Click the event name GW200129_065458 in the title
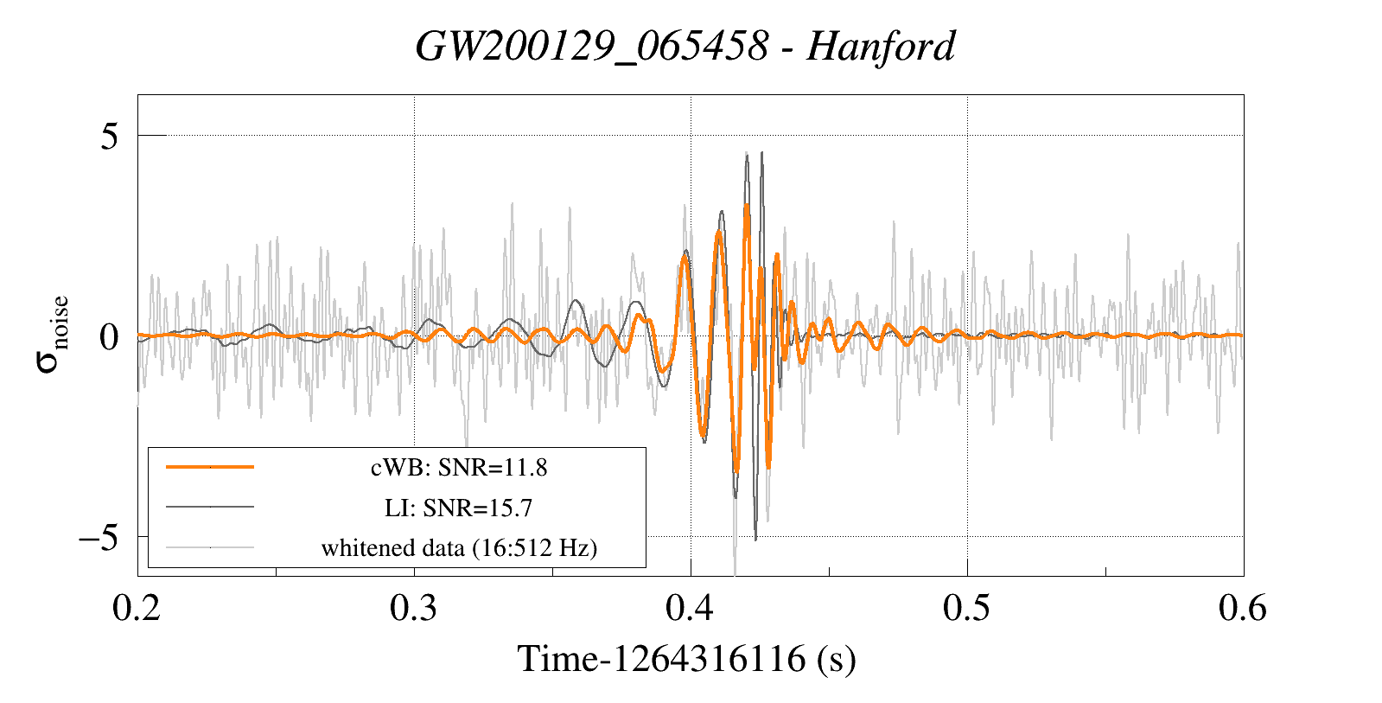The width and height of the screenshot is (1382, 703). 591,46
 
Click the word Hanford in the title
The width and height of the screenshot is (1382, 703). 881,46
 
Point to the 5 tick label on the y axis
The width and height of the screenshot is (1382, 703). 109,136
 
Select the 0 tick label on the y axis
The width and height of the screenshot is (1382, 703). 109,336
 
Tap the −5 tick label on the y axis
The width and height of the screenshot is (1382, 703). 98,537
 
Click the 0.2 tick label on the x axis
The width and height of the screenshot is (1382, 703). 137,609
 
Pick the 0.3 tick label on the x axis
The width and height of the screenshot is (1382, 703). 414,609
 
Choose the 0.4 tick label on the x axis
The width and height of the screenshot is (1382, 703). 691,609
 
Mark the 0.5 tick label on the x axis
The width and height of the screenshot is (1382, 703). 967,609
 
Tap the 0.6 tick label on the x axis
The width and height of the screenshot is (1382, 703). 1243,609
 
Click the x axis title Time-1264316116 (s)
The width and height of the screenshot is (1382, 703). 686,659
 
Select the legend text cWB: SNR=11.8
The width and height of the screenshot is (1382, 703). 459,468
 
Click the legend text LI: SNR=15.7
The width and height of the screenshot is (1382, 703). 459,508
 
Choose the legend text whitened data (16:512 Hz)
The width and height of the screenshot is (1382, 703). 459,547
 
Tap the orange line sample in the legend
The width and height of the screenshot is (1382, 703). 210,467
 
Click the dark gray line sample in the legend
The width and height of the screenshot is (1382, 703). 210,507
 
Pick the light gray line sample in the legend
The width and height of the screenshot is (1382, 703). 210,546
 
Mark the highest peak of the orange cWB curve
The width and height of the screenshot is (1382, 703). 747,206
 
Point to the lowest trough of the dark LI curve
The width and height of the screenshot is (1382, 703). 755,540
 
